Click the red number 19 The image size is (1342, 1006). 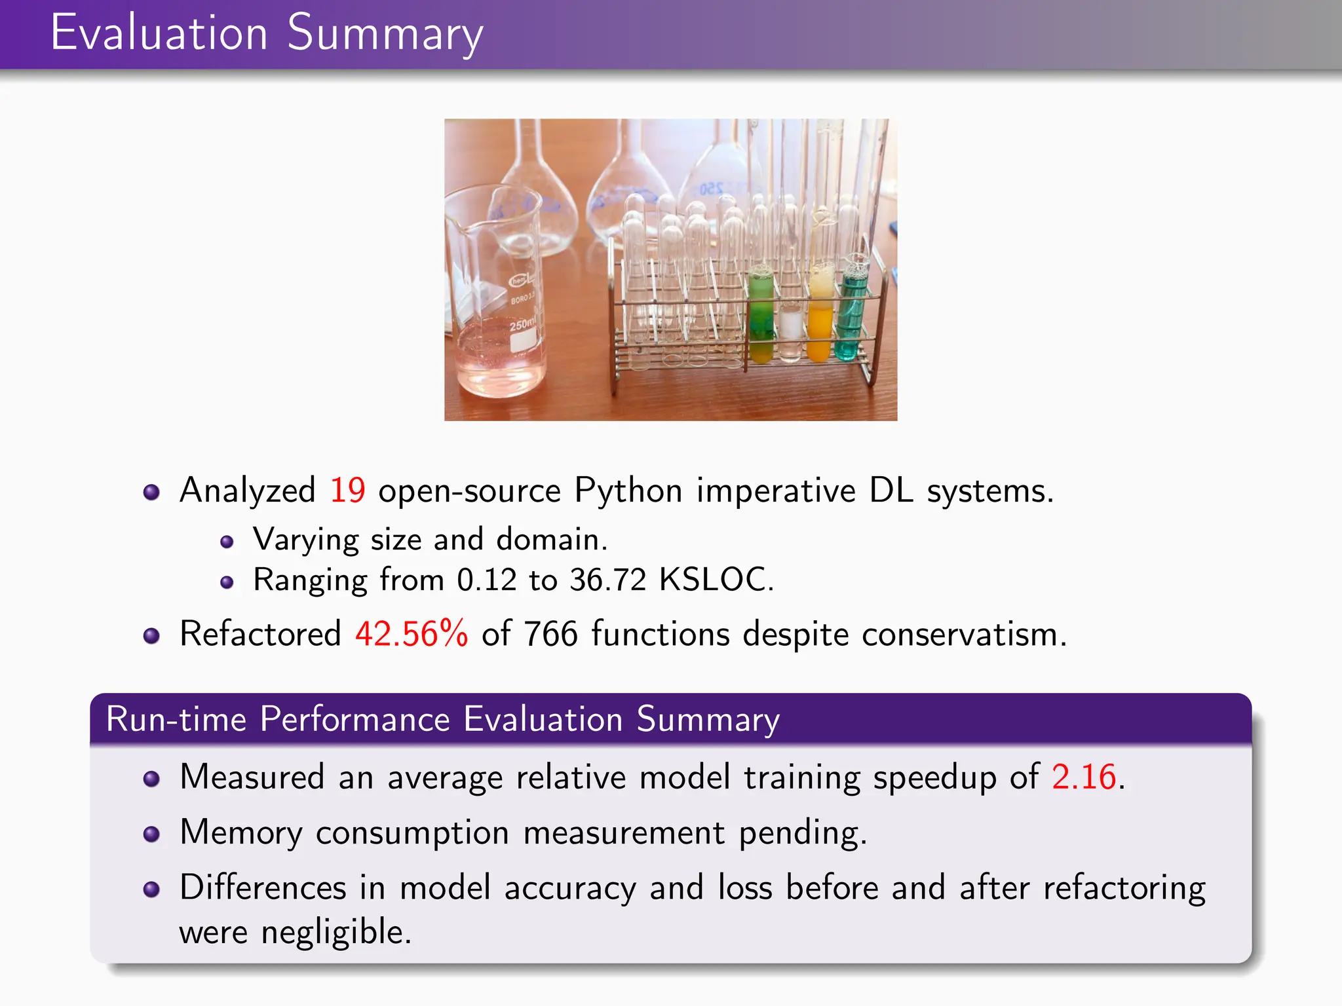coord(347,491)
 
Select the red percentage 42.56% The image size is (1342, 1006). coord(412,634)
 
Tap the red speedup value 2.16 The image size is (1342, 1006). coord(1084,777)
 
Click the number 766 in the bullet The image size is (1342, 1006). coord(550,634)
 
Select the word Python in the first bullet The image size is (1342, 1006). coord(628,491)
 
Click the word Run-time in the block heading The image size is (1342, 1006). coord(176,719)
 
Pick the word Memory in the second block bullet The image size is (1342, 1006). coord(241,833)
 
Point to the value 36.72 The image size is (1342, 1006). coord(607,580)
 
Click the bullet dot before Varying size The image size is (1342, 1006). coord(227,542)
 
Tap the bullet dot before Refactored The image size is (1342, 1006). coord(151,635)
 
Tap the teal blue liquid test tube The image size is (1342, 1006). coord(851,314)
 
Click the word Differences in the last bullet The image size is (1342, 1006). coord(263,888)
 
